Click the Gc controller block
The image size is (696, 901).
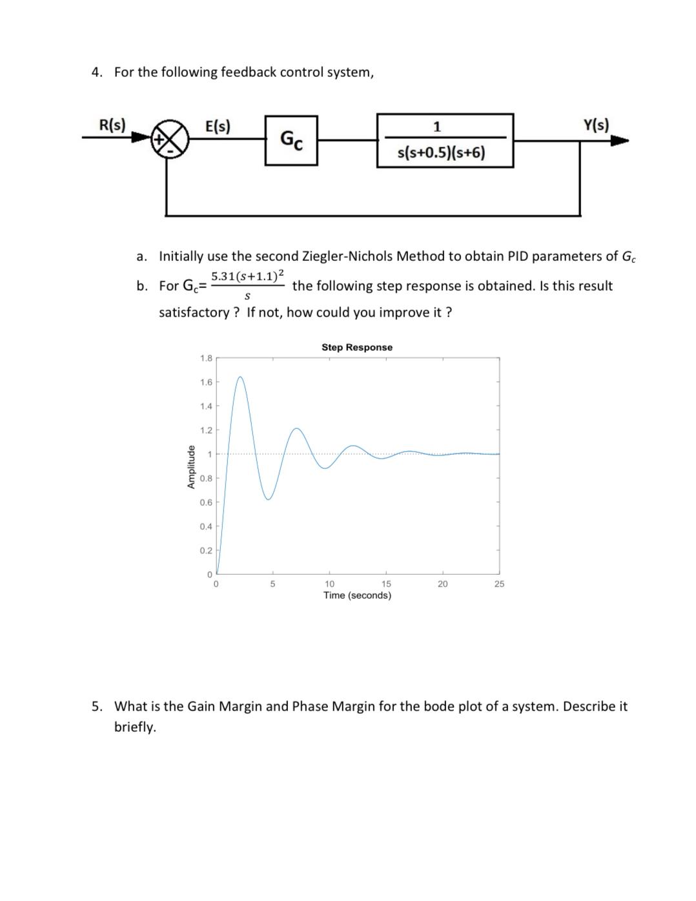291,140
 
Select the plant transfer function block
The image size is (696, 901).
445,140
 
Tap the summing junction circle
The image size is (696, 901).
170,138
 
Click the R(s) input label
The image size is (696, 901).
112,125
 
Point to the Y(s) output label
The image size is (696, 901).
595,125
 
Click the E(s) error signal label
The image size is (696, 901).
218,126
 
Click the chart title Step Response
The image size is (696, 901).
356,347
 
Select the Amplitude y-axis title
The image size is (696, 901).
191,466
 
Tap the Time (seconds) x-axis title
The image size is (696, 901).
357,595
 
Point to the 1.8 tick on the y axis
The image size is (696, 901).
206,358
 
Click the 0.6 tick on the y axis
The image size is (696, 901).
206,502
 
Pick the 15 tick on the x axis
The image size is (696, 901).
386,584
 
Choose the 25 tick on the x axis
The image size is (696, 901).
499,584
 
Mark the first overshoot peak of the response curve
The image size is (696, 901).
240,377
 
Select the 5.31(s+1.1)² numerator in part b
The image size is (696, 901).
247,276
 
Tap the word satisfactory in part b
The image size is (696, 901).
194,313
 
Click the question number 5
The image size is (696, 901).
96,707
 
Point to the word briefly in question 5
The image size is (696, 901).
135,727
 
